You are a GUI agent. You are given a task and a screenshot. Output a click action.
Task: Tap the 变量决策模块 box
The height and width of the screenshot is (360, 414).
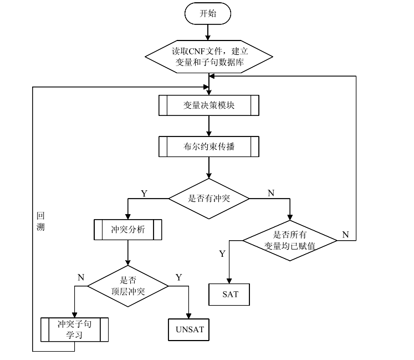coord(208,105)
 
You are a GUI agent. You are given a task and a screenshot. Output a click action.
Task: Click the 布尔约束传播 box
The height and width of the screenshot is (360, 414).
coord(208,147)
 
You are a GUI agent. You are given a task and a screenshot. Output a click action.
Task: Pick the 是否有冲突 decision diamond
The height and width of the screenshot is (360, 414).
coord(208,198)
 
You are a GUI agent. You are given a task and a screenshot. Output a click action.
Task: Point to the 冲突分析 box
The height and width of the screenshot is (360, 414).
coord(128,229)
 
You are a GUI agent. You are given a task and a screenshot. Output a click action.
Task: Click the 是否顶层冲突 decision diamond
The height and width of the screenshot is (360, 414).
coord(128,286)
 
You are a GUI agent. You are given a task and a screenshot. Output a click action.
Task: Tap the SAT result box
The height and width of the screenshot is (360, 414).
coord(230,294)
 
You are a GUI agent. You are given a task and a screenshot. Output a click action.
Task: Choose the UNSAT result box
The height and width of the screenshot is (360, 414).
coord(190,329)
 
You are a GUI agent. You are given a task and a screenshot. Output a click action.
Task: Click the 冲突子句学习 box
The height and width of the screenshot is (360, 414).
coord(74,329)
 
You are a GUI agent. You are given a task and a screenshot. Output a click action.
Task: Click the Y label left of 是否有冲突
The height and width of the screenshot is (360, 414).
coord(144,194)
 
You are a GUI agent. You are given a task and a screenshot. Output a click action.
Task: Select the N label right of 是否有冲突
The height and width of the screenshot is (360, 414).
coord(270,194)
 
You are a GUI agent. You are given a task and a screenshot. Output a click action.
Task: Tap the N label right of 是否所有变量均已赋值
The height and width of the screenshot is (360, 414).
coord(345,235)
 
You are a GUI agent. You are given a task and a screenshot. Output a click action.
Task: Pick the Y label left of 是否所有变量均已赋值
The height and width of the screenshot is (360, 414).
coord(222,253)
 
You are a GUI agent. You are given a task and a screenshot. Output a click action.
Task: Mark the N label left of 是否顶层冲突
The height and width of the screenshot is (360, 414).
coord(81,277)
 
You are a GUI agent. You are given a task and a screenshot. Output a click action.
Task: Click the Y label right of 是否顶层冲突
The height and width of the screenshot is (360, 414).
coord(178,277)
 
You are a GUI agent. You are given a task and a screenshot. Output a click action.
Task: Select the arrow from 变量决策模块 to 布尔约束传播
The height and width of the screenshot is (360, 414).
coord(208,125)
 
